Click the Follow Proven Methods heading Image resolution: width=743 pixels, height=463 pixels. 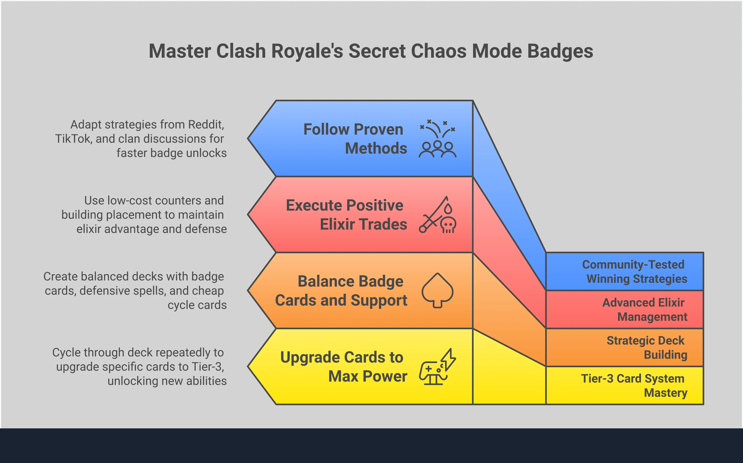(x=354, y=139)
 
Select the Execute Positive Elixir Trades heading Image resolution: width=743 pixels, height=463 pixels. (x=346, y=215)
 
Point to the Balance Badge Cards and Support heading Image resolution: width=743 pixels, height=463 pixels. (x=341, y=291)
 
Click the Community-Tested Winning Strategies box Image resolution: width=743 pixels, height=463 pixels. (x=625, y=271)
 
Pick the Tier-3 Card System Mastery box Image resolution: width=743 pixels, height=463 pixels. (x=625, y=385)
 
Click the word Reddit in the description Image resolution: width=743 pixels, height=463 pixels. (x=206, y=125)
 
